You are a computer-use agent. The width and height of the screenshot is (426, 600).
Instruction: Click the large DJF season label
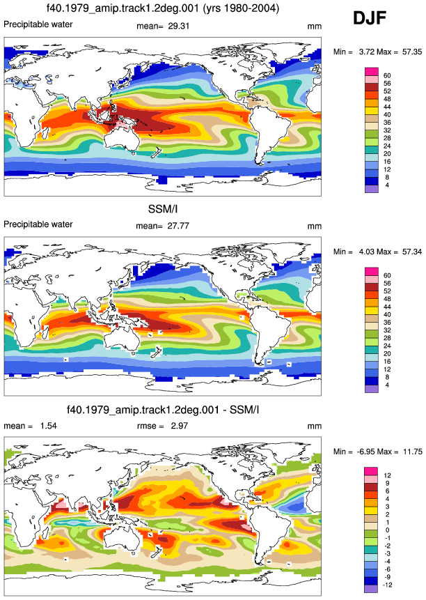point(370,18)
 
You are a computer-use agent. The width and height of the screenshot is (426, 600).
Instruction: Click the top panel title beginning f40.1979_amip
point(163,8)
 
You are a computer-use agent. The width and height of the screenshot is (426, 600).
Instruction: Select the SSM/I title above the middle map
point(163,208)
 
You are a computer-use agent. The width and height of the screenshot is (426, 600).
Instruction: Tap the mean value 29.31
point(179,26)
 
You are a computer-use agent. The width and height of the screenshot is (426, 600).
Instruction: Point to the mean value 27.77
point(178,226)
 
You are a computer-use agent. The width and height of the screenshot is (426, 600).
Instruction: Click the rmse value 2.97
point(180,426)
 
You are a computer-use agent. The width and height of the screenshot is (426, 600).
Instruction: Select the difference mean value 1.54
point(49,426)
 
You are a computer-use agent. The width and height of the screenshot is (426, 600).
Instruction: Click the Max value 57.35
point(412,52)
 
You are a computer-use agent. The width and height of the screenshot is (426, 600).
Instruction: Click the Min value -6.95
point(366,452)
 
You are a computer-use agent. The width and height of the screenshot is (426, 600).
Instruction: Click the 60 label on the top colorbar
point(387,76)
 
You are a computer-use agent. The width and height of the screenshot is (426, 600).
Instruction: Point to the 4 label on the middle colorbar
point(387,385)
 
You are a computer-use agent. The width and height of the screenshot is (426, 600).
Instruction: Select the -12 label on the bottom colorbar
point(387,585)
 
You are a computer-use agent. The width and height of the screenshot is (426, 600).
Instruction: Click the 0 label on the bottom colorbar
point(387,530)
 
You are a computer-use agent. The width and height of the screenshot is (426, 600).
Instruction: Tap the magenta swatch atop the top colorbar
point(372,72)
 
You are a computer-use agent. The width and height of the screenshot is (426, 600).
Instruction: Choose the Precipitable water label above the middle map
point(38,224)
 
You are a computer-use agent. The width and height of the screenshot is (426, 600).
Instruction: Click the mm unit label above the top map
point(315,26)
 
